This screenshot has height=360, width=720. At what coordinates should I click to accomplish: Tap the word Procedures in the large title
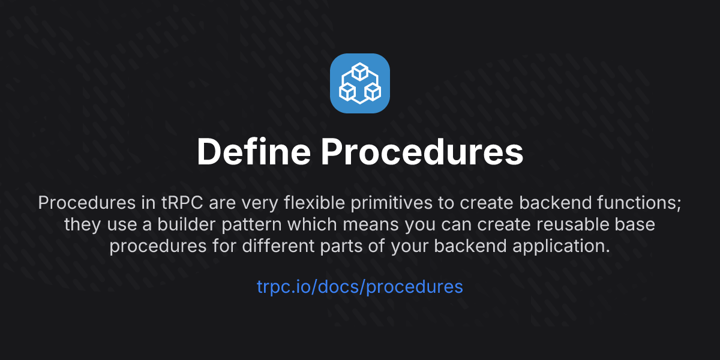[x=422, y=152]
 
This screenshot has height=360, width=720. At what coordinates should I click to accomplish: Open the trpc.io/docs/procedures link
[x=360, y=287]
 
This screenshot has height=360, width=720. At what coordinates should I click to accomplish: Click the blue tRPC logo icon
[x=360, y=83]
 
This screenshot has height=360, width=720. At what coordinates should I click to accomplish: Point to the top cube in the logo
[x=360, y=72]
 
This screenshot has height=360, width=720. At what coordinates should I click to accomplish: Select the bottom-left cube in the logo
[x=347, y=92]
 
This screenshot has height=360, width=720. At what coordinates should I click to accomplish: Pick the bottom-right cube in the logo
[x=373, y=92]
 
